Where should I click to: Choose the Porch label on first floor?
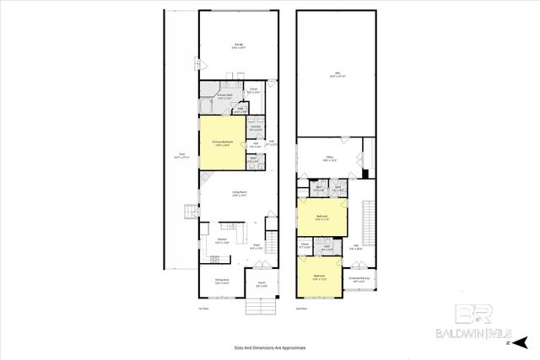click(x=262, y=284)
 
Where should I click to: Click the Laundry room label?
click(x=255, y=128)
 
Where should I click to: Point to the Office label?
click(x=330, y=158)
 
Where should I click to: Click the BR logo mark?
click(x=469, y=314)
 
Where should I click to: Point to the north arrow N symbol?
click(x=506, y=343)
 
